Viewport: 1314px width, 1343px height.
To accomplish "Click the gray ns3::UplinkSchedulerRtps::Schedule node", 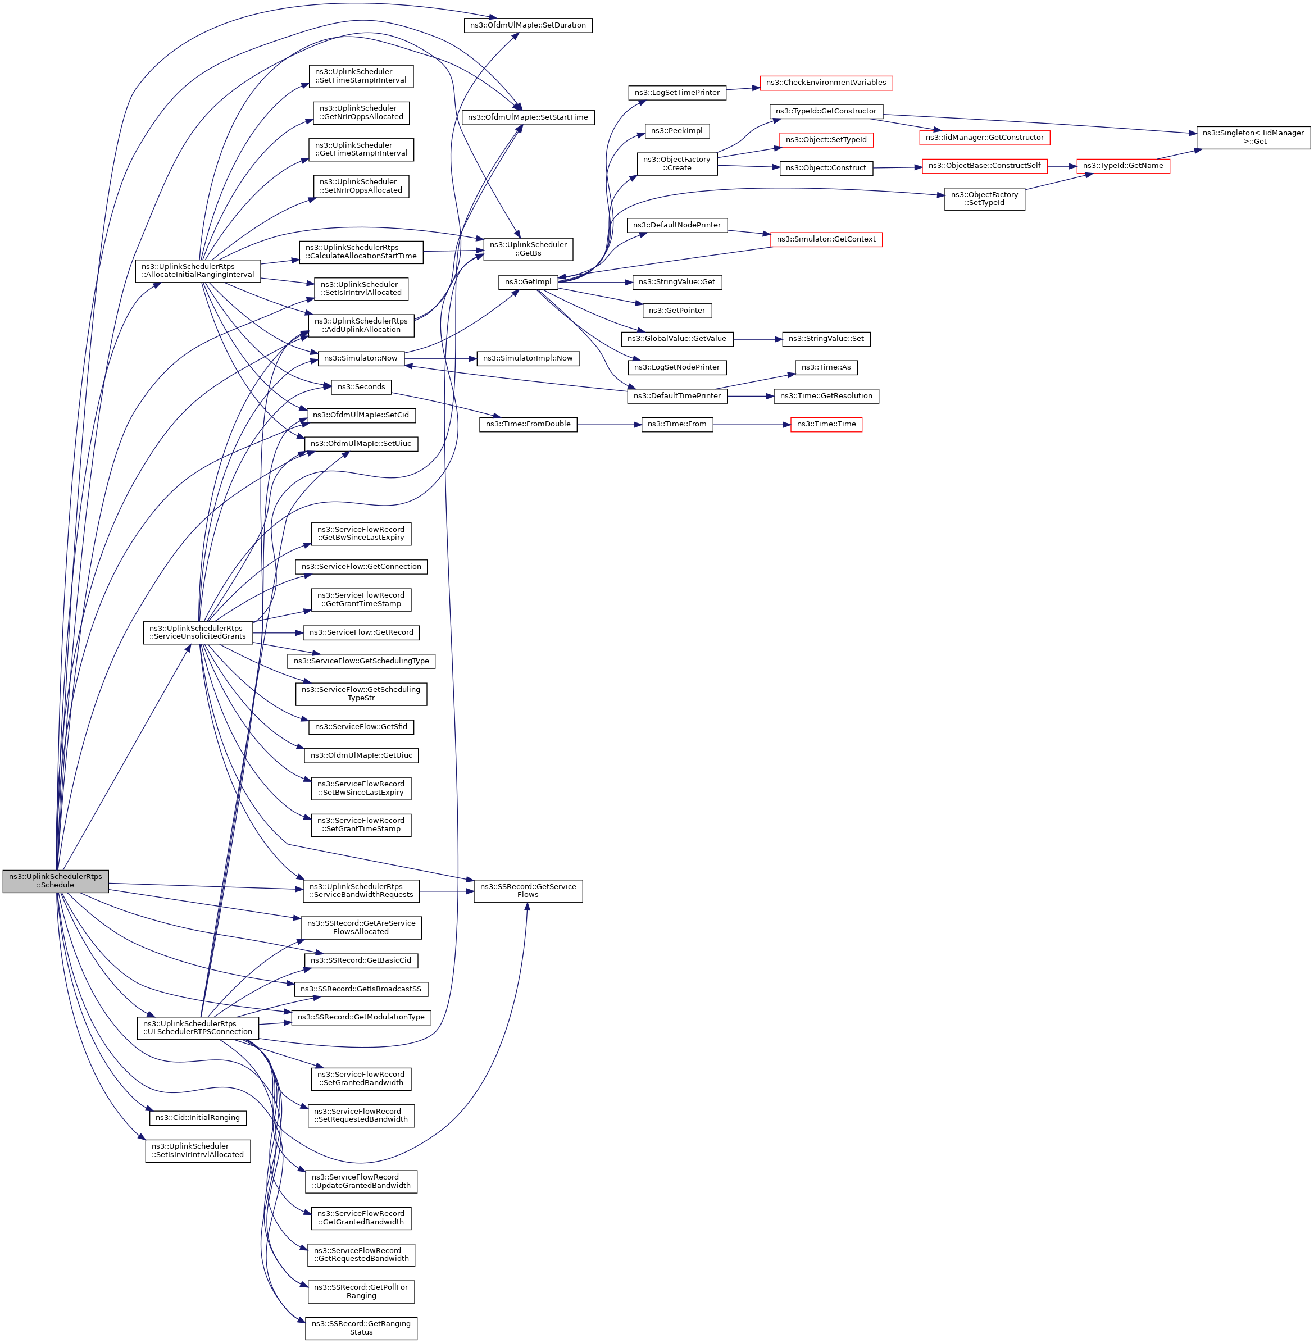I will pos(55,881).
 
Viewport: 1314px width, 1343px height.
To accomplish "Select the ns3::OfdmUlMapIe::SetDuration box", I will pos(528,25).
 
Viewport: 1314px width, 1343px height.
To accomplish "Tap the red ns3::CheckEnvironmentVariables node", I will pos(825,83).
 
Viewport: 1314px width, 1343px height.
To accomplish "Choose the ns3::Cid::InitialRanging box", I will pos(197,1117).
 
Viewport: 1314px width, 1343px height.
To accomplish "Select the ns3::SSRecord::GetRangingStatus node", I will pos(361,1328).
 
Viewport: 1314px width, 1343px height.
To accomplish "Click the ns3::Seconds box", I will pos(361,387).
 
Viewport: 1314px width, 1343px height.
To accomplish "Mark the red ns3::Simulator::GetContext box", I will pos(825,239).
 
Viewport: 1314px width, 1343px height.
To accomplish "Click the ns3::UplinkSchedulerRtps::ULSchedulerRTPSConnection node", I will pos(198,1027).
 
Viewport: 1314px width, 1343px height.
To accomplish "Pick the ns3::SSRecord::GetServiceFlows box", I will pos(528,891).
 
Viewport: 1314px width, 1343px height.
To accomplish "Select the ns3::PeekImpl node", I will pos(676,131).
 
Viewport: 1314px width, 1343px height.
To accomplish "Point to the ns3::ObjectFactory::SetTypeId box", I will pos(984,199).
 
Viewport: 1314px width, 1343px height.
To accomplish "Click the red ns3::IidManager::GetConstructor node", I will pos(984,138).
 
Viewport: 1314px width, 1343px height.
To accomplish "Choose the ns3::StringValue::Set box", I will pos(826,339).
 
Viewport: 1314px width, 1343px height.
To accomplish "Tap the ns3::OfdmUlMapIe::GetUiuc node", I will pos(361,755).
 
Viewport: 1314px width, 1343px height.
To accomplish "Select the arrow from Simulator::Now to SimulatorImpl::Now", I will pos(440,359).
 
